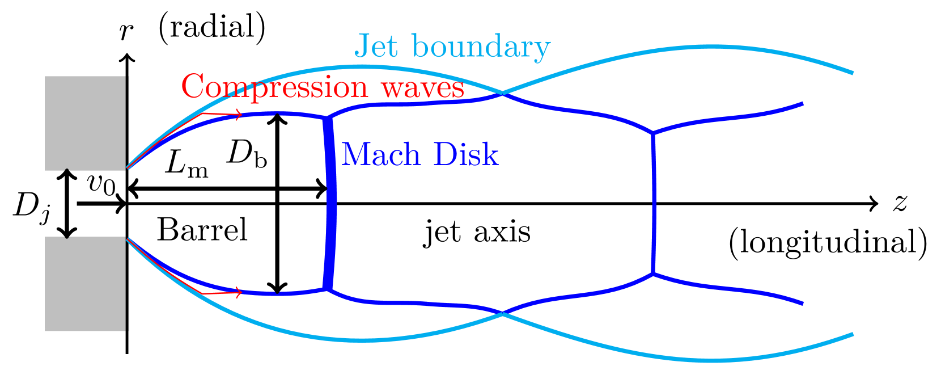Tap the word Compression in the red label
(x=274, y=87)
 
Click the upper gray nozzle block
(x=85, y=123)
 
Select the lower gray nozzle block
(x=85, y=283)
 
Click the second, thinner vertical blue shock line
(x=654, y=204)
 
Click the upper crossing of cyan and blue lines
(x=502, y=93)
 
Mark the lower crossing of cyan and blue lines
(x=502, y=312)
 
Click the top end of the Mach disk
(x=327, y=119)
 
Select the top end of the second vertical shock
(x=653, y=133)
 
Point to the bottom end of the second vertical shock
(x=653, y=273)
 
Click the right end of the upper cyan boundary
(x=852, y=73)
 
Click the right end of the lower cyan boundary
(x=852, y=334)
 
